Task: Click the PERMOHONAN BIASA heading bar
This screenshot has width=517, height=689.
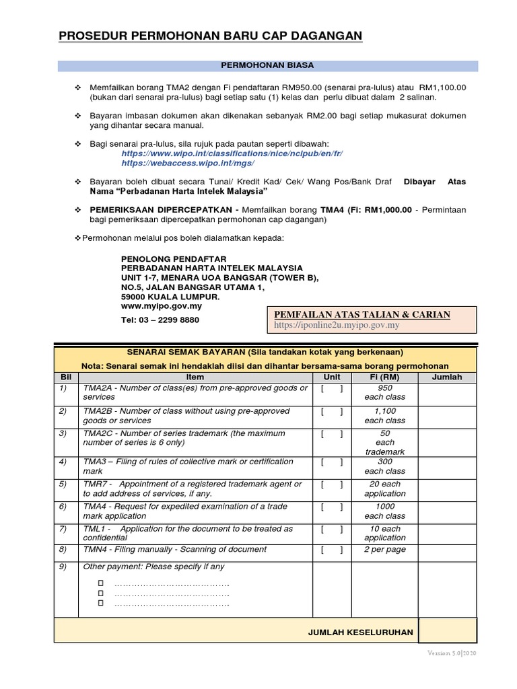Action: coord(268,65)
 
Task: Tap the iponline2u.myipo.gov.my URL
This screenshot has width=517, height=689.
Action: coord(337,326)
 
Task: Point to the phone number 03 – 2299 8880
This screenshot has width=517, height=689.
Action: coord(160,320)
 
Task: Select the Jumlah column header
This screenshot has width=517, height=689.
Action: coord(447,377)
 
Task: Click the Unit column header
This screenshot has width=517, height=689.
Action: coord(332,377)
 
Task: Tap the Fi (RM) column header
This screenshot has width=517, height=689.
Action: coord(385,377)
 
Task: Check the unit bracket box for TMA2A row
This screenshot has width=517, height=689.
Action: coord(332,388)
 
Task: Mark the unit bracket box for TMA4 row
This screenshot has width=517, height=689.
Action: coord(332,507)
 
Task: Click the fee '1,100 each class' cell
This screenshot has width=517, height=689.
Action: coord(385,416)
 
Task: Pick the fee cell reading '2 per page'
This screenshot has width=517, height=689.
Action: coord(385,550)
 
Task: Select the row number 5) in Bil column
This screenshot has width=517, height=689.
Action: coord(63,484)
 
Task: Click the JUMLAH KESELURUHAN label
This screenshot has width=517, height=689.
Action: coord(361,632)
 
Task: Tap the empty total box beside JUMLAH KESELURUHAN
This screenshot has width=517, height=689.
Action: coord(447,632)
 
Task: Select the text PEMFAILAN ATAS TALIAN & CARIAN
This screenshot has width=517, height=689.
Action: coord(361,314)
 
